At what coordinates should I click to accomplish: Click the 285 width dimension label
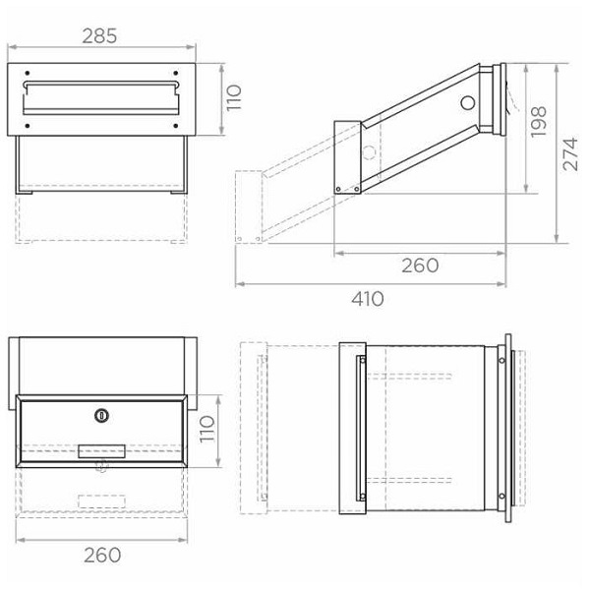99,36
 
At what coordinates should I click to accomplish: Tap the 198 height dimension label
539,122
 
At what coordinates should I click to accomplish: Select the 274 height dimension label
570,154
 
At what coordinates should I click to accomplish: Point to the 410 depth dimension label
367,299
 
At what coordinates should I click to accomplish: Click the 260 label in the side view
420,265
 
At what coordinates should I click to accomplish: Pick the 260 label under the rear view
102,555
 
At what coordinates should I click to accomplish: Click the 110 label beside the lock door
206,430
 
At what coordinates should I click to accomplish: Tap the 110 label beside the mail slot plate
233,97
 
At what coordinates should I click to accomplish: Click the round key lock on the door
101,415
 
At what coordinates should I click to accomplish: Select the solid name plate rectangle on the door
101,451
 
